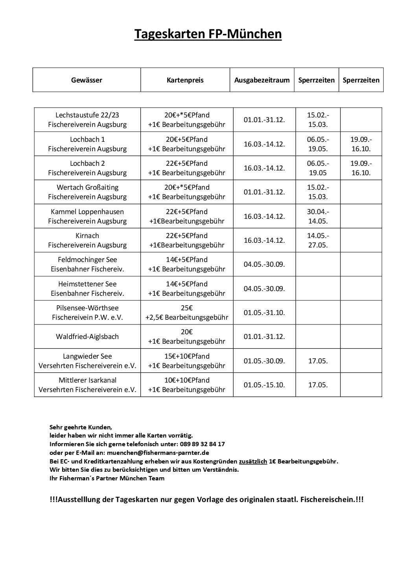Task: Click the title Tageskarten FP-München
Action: [x=208, y=34]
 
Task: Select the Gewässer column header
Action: [x=87, y=80]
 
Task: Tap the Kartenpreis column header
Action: [x=185, y=80]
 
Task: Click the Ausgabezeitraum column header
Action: [x=262, y=80]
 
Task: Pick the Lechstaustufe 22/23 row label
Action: [x=87, y=115]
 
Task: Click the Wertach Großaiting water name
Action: [x=87, y=187]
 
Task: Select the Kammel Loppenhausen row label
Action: [x=87, y=212]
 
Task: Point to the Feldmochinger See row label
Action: [x=87, y=260]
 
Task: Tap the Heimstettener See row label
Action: [x=87, y=284]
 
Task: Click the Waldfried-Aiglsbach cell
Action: [x=87, y=337]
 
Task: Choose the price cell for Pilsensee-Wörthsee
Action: [x=187, y=313]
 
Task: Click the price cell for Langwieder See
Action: [x=187, y=361]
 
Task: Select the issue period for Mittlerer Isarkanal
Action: [x=264, y=385]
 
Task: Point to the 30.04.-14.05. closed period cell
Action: [x=318, y=216]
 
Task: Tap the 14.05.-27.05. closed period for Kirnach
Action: [x=318, y=240]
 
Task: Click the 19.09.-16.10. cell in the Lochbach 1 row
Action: [x=361, y=144]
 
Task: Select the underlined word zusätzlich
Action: [x=253, y=461]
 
